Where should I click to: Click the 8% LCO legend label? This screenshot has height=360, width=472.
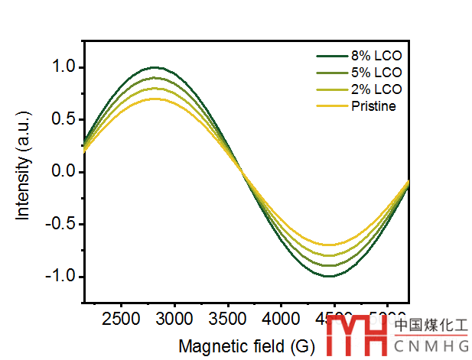(376, 57)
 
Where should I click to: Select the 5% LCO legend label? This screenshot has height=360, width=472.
(376, 73)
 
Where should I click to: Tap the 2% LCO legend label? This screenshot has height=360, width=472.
(376, 89)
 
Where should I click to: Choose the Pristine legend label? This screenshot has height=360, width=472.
(373, 106)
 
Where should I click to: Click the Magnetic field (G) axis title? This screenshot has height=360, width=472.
(246, 346)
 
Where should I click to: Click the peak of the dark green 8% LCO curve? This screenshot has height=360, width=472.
(155, 67)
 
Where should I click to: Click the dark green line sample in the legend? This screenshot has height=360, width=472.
(331, 57)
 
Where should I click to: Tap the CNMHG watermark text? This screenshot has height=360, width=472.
(431, 349)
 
